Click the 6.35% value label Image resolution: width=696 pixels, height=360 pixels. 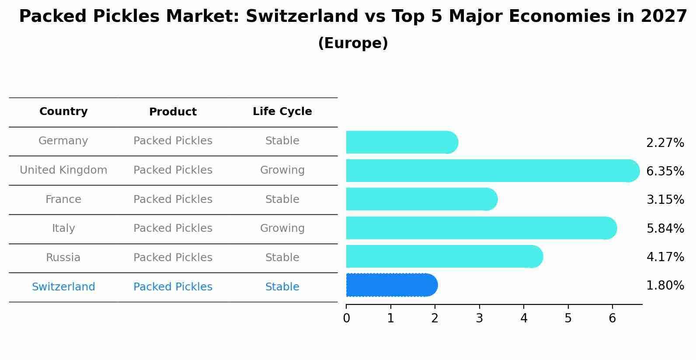pyautogui.click(x=665, y=171)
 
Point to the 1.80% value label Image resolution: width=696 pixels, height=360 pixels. pyautogui.click(x=665, y=286)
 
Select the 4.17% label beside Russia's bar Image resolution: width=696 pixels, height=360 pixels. pyautogui.click(x=665, y=257)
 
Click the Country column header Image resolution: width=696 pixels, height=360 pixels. pyautogui.click(x=63, y=112)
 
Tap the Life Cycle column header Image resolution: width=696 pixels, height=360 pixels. pyautogui.click(x=282, y=112)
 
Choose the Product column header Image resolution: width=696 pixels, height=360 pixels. pyautogui.click(x=173, y=112)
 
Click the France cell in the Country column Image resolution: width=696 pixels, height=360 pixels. pyautogui.click(x=63, y=199)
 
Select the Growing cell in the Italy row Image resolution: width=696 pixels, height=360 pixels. pyautogui.click(x=282, y=228)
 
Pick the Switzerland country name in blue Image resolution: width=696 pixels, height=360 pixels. pyautogui.click(x=63, y=287)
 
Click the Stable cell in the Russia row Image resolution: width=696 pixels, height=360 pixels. pyautogui.click(x=282, y=258)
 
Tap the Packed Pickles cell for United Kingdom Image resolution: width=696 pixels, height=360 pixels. pyautogui.click(x=173, y=170)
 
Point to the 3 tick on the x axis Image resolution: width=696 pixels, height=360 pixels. pyautogui.click(x=479, y=318)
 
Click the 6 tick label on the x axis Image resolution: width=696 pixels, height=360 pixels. pyautogui.click(x=612, y=318)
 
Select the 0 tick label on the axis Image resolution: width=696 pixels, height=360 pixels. pyautogui.click(x=346, y=318)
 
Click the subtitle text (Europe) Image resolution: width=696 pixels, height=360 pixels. pyautogui.click(x=353, y=43)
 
